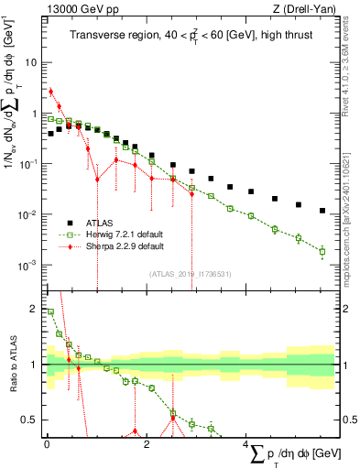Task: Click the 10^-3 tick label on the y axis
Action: tap(28, 265)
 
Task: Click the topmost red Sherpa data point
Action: tap(51, 91)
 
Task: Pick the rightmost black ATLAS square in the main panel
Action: tap(322, 211)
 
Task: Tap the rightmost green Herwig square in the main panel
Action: tap(322, 250)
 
